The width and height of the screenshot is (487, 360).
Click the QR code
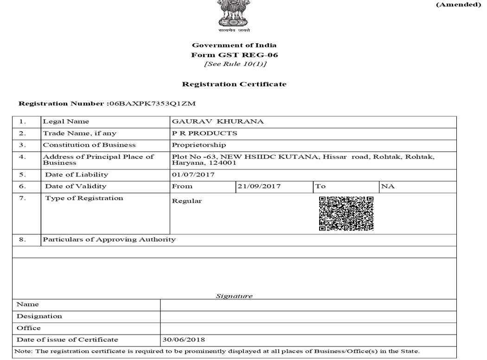point(346,213)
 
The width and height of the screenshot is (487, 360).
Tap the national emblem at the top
point(234,14)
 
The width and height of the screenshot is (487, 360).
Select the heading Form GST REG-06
point(234,54)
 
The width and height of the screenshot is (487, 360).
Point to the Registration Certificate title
point(234,84)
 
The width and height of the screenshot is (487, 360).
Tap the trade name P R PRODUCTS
point(205,133)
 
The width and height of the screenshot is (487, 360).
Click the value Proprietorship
point(192,145)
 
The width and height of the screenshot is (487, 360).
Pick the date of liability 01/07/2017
point(193,175)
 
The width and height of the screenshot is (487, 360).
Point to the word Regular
point(187,201)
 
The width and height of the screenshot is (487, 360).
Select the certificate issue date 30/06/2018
point(184,340)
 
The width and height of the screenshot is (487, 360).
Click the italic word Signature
point(234,296)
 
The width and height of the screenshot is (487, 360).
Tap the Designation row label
point(39,316)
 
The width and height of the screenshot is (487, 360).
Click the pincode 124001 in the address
point(224,163)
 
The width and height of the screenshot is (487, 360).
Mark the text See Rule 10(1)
point(234,64)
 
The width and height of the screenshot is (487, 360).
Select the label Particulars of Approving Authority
point(109,239)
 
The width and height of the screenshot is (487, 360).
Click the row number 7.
point(23,198)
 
